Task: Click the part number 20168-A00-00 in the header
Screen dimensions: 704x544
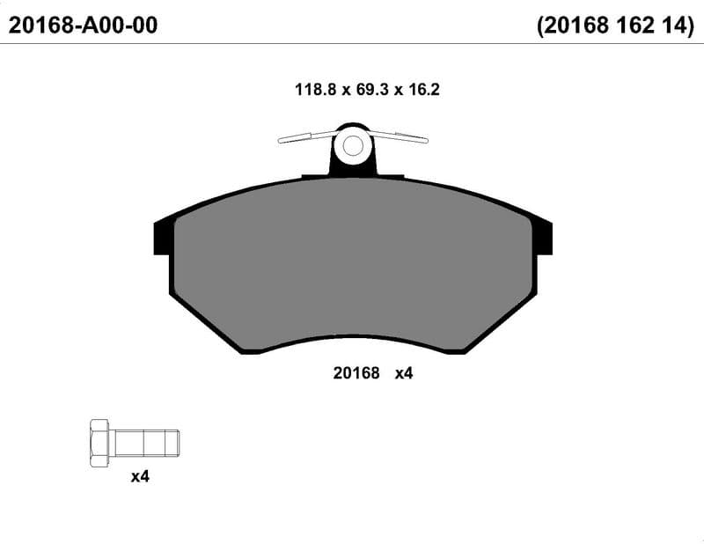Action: click(83, 26)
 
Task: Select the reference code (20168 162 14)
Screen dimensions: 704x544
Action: click(615, 26)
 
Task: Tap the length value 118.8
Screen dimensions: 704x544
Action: click(315, 90)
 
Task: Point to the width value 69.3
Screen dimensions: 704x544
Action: click(371, 90)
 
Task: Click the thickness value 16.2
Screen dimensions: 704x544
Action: click(424, 90)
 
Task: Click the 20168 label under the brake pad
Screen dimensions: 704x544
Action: click(356, 373)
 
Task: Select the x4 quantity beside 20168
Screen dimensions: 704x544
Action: click(404, 373)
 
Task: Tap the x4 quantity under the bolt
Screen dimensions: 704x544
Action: click(140, 476)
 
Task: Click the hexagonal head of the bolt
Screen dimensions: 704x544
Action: click(99, 444)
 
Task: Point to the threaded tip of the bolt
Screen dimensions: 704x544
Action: click(172, 444)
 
